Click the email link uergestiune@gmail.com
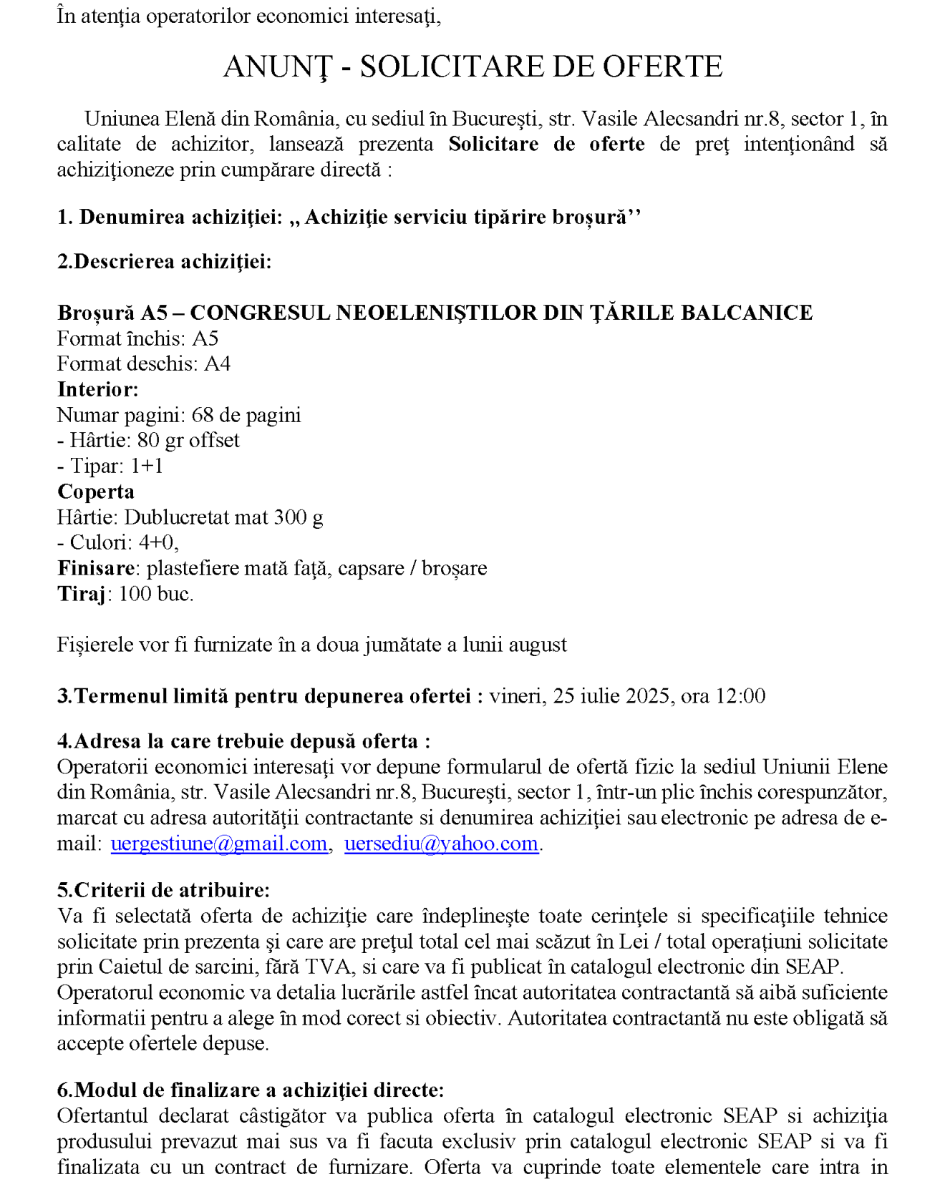(219, 844)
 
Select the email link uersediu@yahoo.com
(441, 844)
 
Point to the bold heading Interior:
(97, 389)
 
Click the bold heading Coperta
(95, 492)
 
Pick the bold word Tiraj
(81, 594)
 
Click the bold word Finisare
(95, 568)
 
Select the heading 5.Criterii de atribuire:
(163, 890)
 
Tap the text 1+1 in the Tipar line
(147, 466)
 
